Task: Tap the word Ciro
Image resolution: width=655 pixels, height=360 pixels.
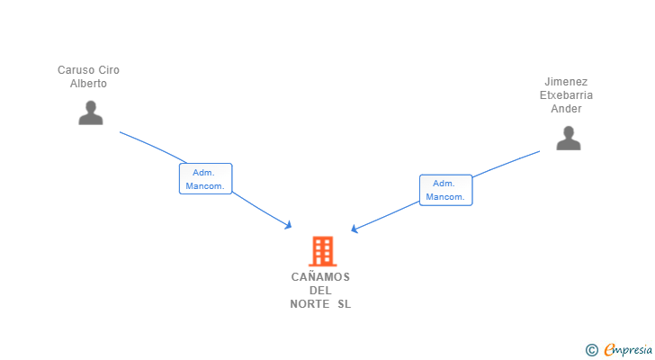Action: click(x=108, y=70)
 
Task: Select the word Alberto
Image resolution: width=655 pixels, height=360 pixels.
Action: click(x=88, y=84)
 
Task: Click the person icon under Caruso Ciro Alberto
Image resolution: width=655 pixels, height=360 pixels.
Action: click(x=90, y=112)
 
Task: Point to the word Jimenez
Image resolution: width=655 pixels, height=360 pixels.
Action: click(x=566, y=82)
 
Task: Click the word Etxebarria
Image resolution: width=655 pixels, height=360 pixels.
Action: click(x=566, y=95)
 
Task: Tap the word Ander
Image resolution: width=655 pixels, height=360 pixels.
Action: click(x=566, y=109)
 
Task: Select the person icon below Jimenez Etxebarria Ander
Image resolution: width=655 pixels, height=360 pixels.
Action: click(x=568, y=138)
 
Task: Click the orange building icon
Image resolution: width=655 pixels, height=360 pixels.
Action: click(x=321, y=251)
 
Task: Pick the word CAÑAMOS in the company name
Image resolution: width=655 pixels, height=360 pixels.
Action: click(x=320, y=277)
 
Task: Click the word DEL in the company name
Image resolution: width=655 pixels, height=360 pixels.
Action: click(x=320, y=291)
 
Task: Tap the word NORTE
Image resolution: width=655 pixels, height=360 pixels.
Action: click(x=310, y=304)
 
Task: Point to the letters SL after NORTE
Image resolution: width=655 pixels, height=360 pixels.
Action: click(x=345, y=304)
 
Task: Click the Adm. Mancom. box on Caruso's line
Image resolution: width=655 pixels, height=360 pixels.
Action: click(x=205, y=179)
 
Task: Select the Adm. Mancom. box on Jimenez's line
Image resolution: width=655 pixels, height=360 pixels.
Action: click(x=445, y=190)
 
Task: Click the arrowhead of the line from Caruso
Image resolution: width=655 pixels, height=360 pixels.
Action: click(x=289, y=225)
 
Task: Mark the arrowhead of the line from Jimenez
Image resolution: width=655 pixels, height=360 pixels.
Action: click(x=354, y=229)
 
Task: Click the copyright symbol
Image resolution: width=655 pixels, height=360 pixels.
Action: click(x=591, y=349)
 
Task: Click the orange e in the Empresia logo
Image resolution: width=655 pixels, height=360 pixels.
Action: click(x=609, y=350)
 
